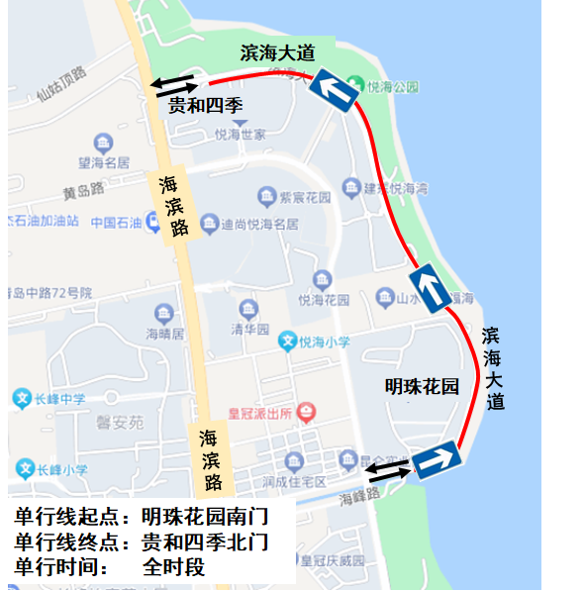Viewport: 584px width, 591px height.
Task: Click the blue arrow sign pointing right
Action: click(438, 460)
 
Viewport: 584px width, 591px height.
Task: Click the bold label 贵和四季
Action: click(205, 105)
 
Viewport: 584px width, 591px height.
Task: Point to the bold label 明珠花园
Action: click(423, 387)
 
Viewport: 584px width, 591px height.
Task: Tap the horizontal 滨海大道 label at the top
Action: click(278, 52)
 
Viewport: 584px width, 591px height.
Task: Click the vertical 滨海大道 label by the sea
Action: click(494, 368)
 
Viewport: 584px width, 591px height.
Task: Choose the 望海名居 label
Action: click(104, 162)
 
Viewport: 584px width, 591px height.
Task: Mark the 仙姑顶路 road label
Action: click(62, 84)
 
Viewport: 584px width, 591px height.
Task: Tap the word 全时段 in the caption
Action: click(173, 567)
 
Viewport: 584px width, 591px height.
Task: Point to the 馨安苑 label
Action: click(120, 422)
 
